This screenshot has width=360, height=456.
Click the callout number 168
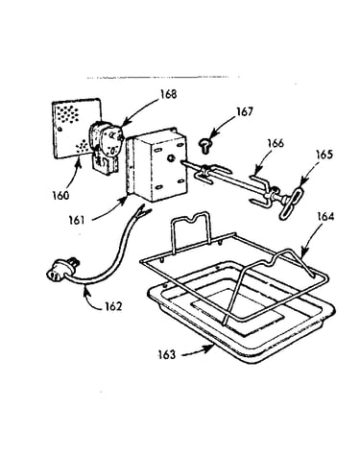coord(169,94)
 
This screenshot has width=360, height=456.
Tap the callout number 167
coord(245,111)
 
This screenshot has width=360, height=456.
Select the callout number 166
coord(276,143)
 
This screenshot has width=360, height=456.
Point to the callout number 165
coord(324,155)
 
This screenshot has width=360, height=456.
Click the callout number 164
coord(325,217)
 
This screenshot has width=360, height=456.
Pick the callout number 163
coord(167,355)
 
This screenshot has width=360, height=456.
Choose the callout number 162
coord(113,306)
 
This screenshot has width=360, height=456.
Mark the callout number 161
coord(77,220)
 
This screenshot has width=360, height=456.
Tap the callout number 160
coord(60,195)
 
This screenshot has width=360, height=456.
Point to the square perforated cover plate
coord(77,128)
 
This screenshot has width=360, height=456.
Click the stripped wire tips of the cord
coord(143,211)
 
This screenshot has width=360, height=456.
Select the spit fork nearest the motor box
coord(209,174)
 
